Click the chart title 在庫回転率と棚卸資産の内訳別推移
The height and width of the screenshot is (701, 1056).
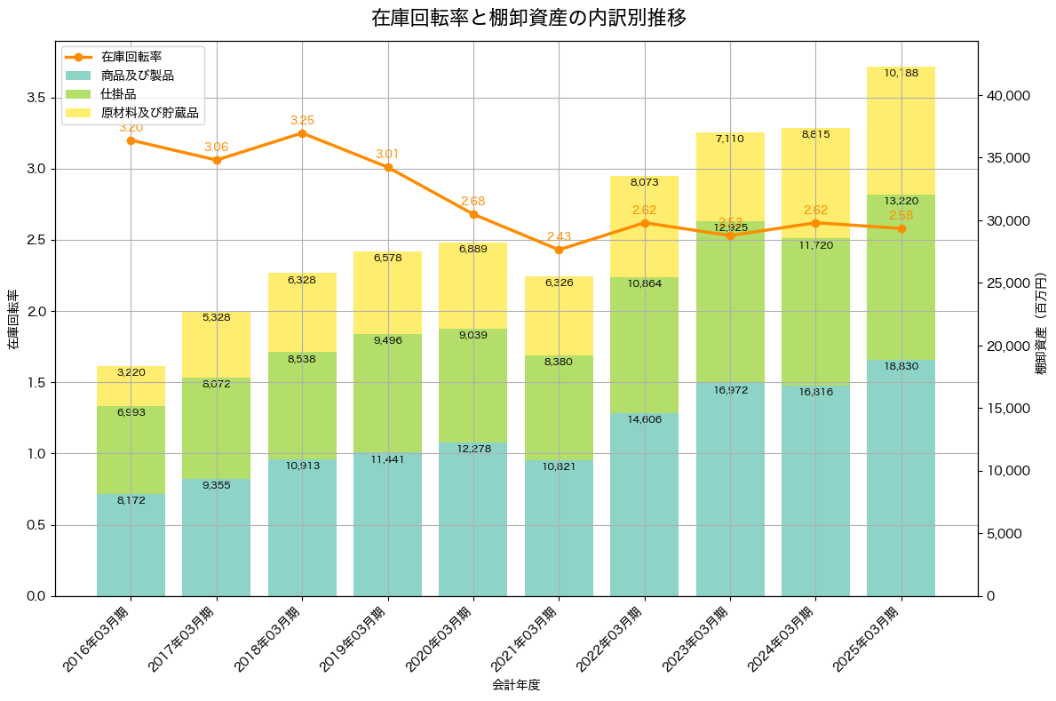[x=528, y=18]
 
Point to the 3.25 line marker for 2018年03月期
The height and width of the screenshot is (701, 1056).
[x=302, y=133]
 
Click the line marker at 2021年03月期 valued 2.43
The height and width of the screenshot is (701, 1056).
[x=559, y=250]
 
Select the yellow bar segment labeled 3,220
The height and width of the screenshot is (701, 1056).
[x=131, y=386]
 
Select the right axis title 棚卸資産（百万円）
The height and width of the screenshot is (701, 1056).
[x=1043, y=323]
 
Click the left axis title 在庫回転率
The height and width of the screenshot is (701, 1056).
[x=12, y=320]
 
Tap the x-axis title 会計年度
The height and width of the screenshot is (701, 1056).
[x=516, y=685]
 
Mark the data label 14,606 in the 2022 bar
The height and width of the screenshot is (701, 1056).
[x=644, y=419]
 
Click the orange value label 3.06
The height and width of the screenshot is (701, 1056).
[x=217, y=147]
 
